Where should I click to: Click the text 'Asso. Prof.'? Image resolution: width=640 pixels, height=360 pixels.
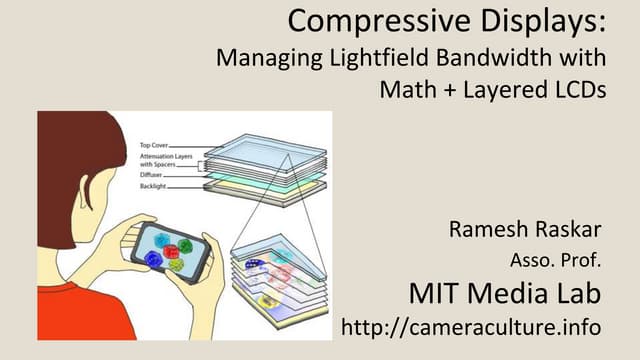[x=555, y=263]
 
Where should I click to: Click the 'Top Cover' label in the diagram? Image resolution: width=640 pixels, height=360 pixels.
[x=159, y=144]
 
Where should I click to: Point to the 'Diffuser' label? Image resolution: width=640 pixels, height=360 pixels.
[x=156, y=174]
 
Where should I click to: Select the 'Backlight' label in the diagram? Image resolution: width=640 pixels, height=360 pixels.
[x=157, y=186]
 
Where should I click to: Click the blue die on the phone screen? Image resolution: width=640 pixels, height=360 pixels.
[x=153, y=259]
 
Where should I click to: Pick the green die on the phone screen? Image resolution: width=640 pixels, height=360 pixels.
[x=176, y=265]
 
